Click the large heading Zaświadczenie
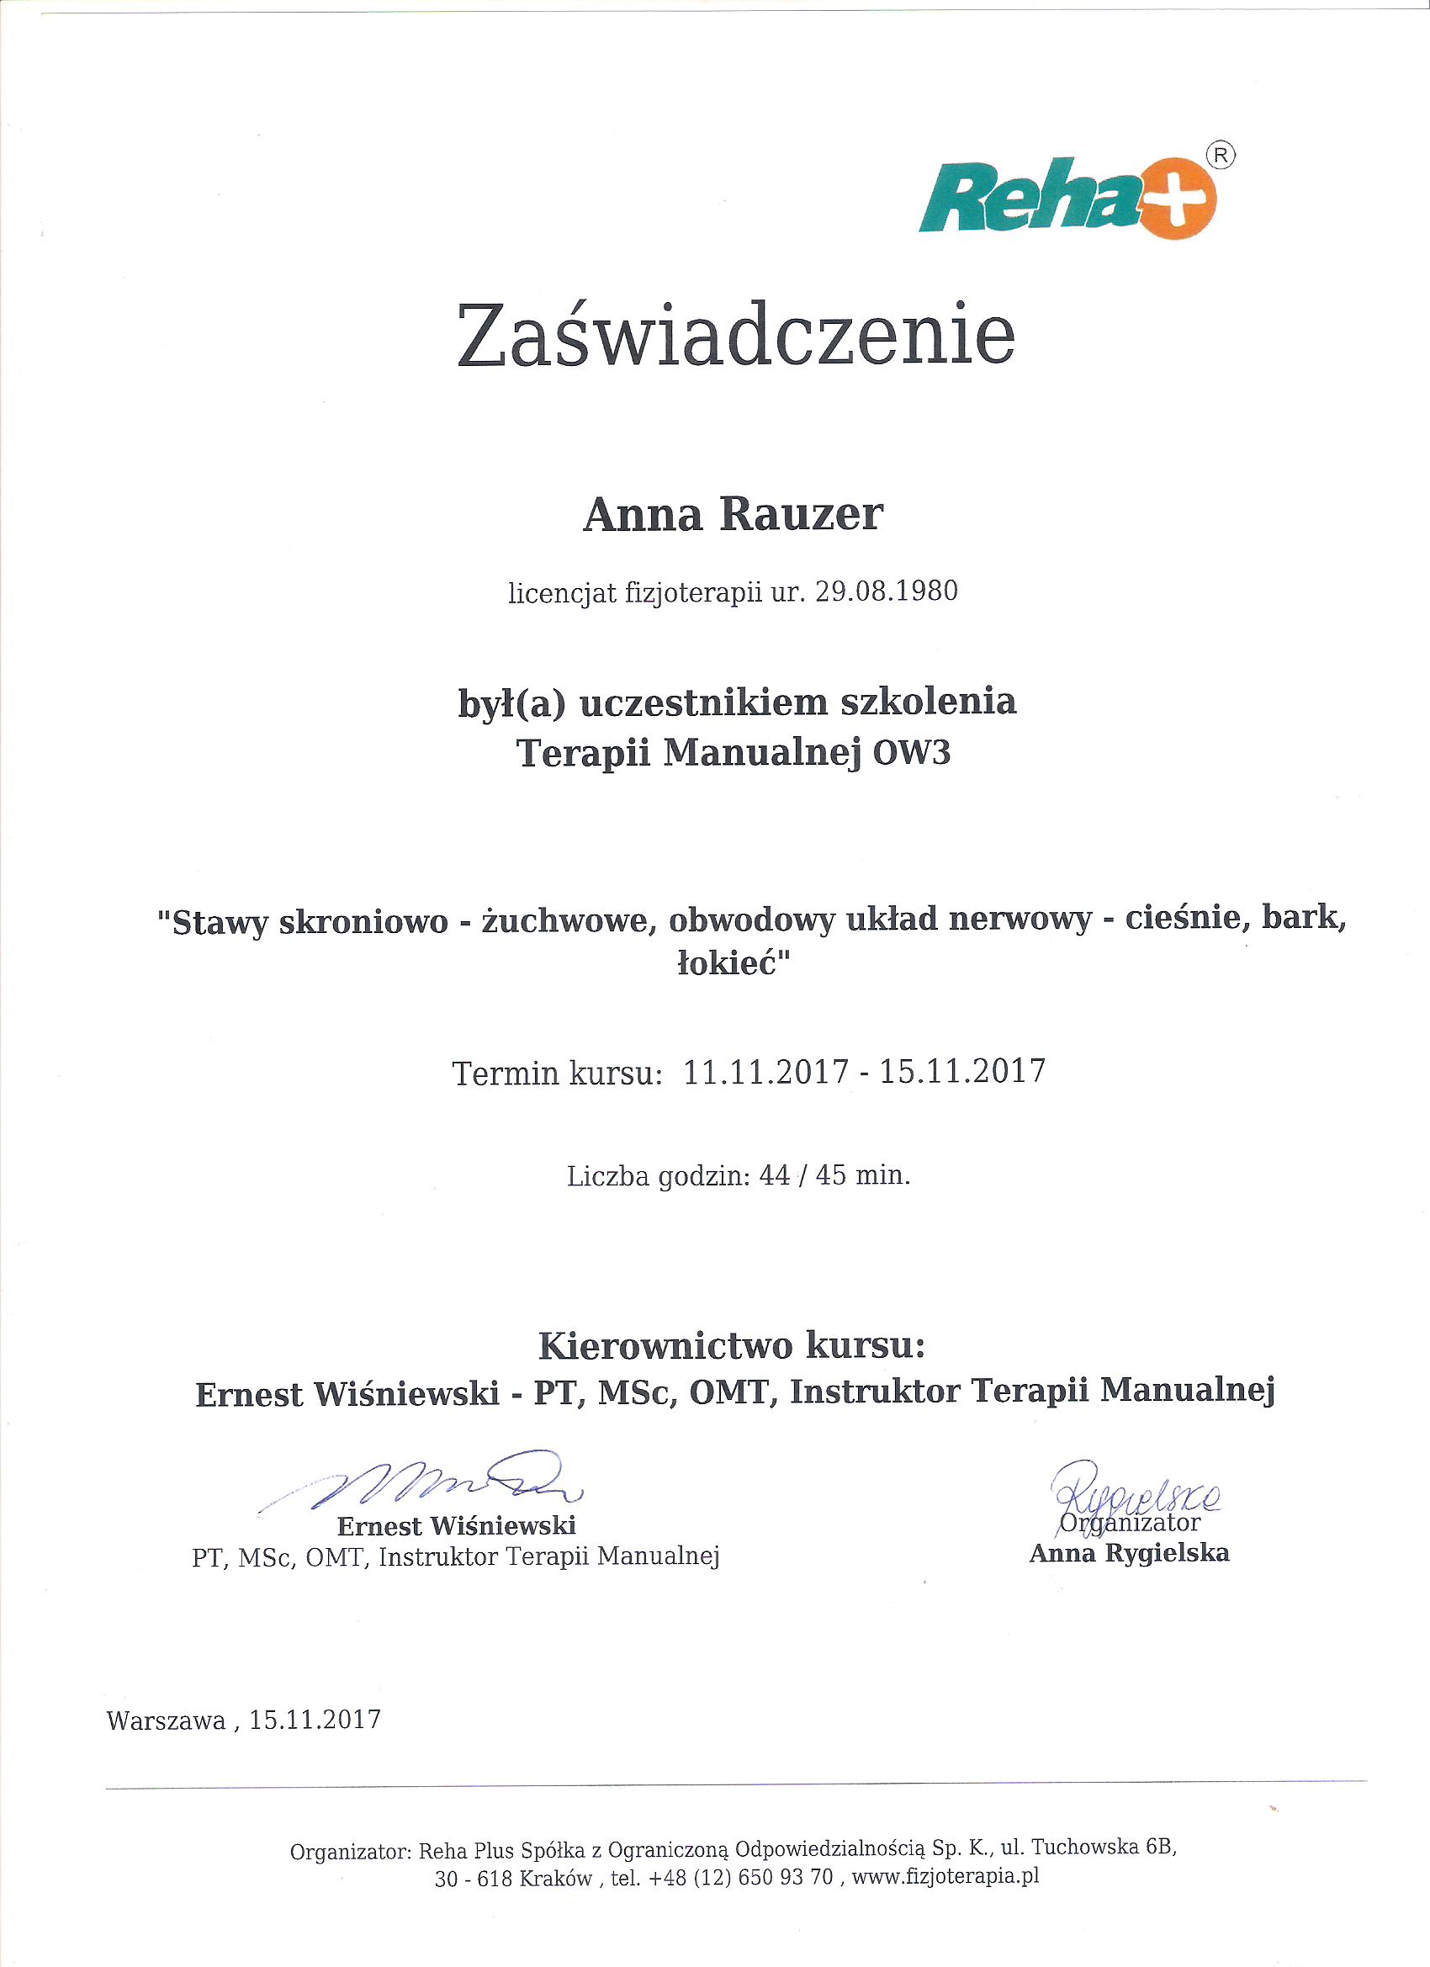[735, 333]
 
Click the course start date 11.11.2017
[765, 1071]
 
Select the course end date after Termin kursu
[961, 1071]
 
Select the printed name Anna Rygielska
[1129, 1553]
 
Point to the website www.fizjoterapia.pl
[945, 1878]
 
